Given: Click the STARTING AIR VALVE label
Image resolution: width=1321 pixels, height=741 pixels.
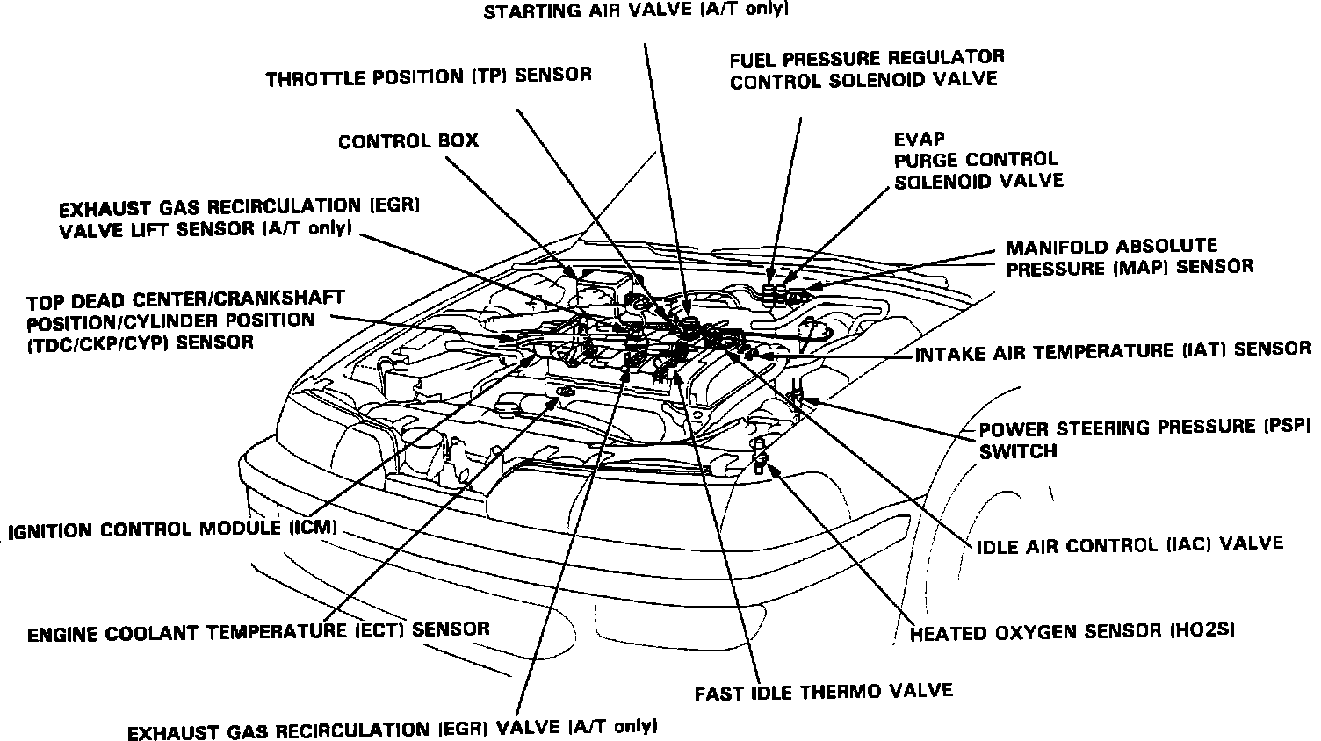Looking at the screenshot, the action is tap(636, 11).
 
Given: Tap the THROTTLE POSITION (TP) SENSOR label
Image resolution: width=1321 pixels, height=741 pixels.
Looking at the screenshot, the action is tap(429, 76).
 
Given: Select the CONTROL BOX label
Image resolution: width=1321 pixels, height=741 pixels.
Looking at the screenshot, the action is tap(408, 140).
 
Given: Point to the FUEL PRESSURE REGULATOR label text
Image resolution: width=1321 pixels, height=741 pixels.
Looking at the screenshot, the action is tap(867, 58).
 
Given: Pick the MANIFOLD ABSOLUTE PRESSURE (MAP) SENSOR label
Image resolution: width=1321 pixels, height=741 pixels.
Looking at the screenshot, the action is tap(1130, 257).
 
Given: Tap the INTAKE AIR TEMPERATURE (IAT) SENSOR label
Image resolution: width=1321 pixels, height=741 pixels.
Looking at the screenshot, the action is tap(1113, 350).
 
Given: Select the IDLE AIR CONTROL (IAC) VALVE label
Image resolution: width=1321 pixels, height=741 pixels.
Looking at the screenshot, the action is tap(1130, 544).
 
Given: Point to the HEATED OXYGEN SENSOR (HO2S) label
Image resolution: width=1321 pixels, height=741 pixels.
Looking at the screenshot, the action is tap(1073, 631).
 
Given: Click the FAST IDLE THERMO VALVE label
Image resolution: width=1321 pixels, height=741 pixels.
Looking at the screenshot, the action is tap(823, 692).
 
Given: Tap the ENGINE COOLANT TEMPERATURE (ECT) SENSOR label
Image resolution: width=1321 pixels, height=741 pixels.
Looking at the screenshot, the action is tap(258, 630).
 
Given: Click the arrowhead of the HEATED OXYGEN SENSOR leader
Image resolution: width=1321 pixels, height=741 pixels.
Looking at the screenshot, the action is tap(774, 466).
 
